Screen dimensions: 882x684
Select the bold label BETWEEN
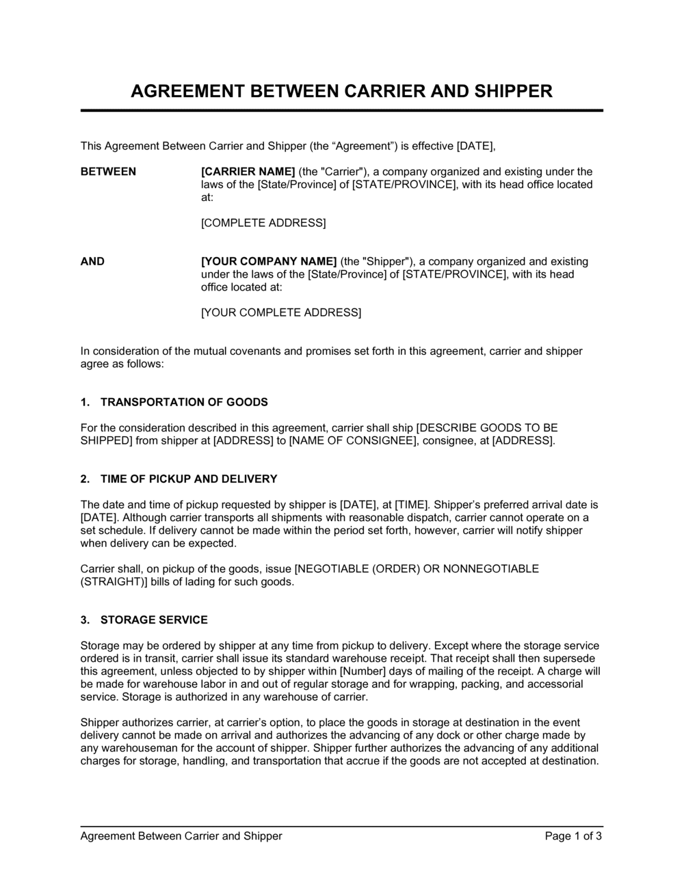108,172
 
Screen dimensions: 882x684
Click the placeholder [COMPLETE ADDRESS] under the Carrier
263,223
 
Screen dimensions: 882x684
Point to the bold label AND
92,261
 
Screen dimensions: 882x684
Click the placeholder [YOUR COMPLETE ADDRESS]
281,312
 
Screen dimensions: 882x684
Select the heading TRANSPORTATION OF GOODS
184,402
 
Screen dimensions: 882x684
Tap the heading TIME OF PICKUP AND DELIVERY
189,479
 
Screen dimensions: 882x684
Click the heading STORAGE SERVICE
154,620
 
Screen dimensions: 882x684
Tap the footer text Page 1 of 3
573,836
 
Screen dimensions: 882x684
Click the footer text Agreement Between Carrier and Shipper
181,836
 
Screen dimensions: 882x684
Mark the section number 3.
85,620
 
